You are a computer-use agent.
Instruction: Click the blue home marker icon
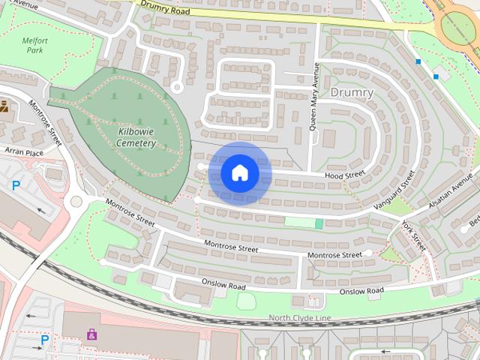[x=239, y=173]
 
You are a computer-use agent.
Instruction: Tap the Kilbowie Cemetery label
[x=136, y=137]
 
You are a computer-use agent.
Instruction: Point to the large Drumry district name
[x=351, y=92]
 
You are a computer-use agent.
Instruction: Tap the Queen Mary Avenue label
[x=316, y=96]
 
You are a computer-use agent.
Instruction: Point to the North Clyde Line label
[x=300, y=319]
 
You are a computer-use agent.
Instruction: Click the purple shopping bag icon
[x=91, y=334]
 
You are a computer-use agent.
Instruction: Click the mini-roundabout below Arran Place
[x=76, y=201]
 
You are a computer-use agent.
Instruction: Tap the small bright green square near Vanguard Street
[x=319, y=223]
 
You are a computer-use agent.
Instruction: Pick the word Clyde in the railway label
[x=301, y=319]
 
